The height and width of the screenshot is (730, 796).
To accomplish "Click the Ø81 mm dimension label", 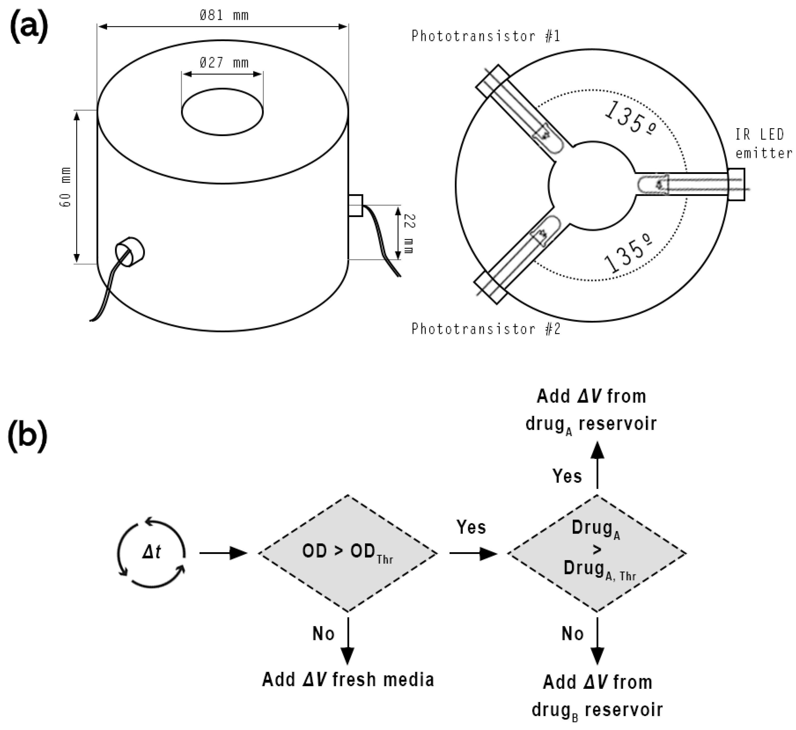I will [x=224, y=16].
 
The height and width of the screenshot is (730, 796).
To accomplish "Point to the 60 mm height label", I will [x=65, y=187].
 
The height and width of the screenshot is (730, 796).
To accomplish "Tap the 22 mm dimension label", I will [x=409, y=233].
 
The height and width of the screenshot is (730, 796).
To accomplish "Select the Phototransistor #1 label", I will [x=485, y=36].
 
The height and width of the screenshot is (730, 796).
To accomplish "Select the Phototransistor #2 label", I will [x=485, y=329].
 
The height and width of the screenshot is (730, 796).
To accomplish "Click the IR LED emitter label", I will [x=763, y=144].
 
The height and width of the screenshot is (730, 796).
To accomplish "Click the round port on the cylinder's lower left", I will [x=130, y=252].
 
